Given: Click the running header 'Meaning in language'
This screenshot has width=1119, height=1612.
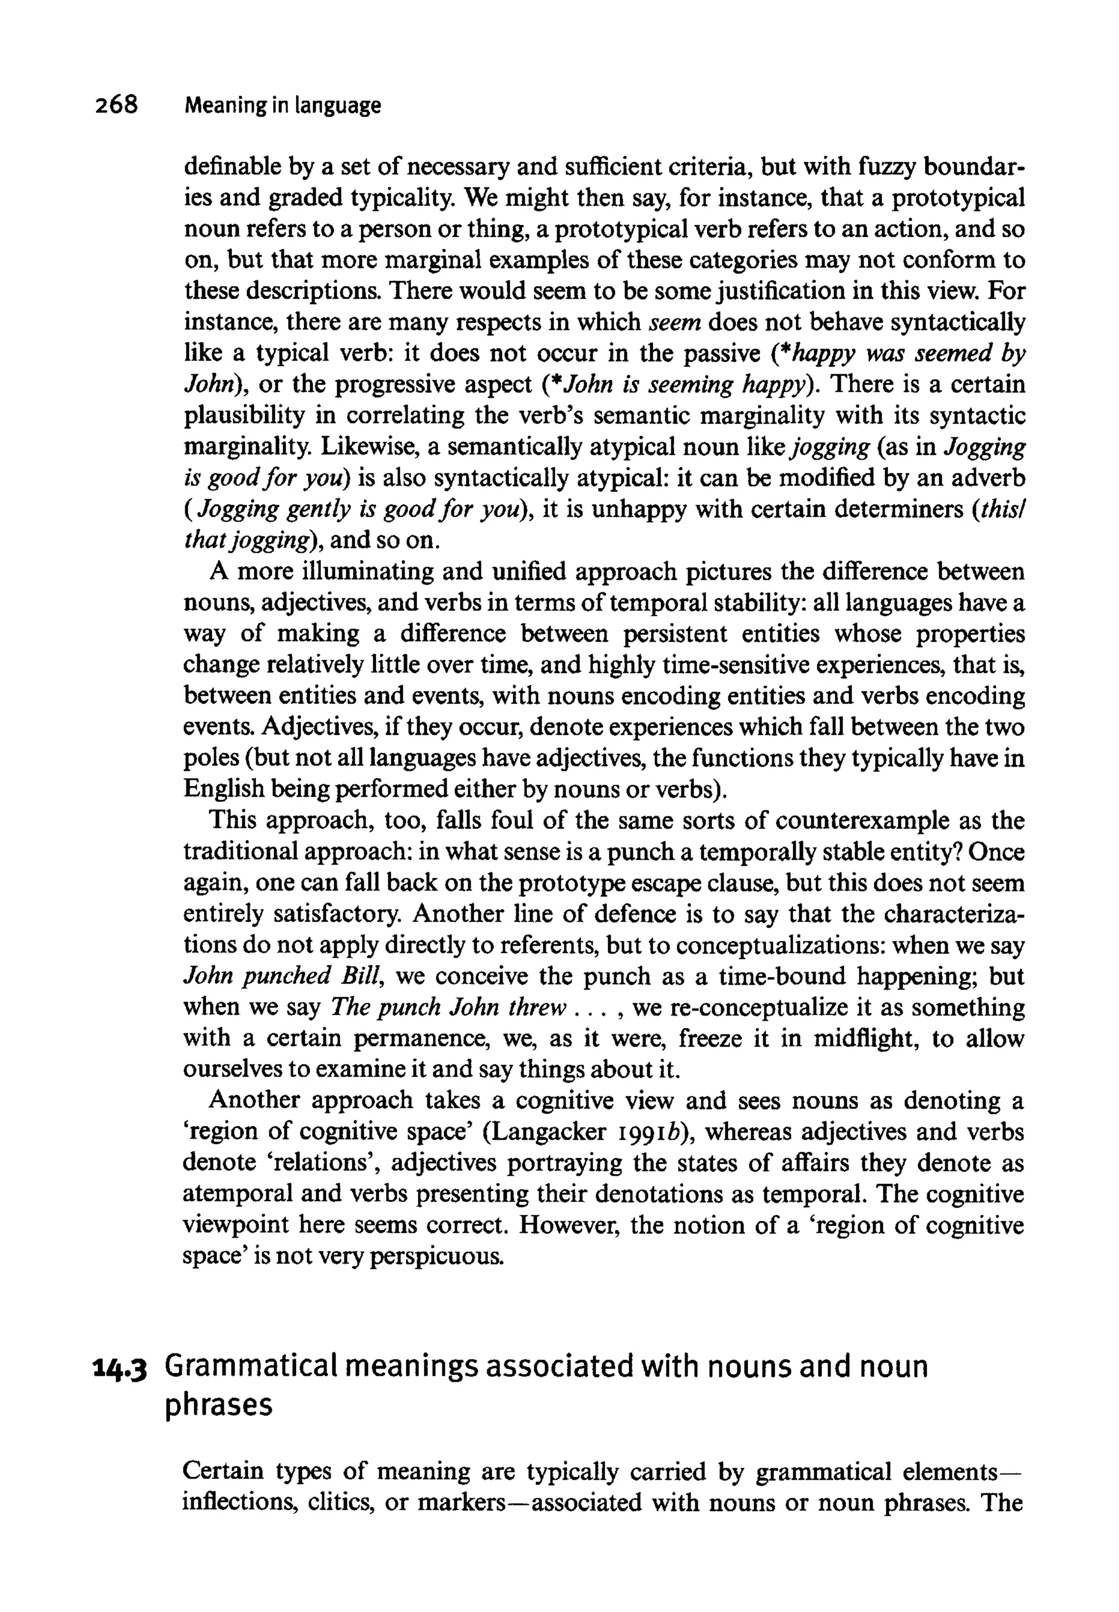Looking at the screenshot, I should (x=282, y=106).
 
